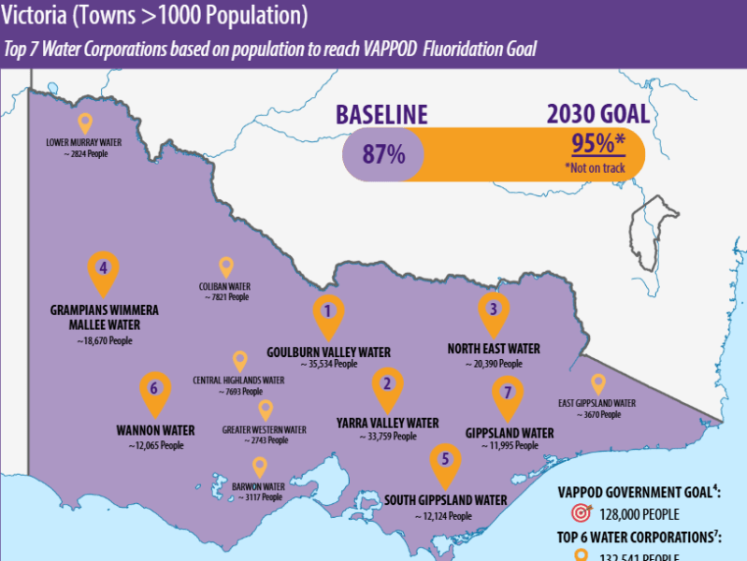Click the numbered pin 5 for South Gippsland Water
(x=445, y=460)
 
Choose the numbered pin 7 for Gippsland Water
(x=507, y=394)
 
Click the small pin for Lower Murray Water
(x=84, y=122)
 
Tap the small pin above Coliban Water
(x=225, y=266)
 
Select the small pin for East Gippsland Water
(x=598, y=382)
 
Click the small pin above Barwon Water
(x=259, y=466)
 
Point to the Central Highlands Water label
(x=238, y=381)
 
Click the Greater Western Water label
(x=265, y=430)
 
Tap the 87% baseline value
(x=383, y=154)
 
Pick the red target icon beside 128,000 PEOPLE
(x=581, y=513)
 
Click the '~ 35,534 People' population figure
(x=328, y=364)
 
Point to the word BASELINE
(x=381, y=115)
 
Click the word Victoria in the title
(x=35, y=16)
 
